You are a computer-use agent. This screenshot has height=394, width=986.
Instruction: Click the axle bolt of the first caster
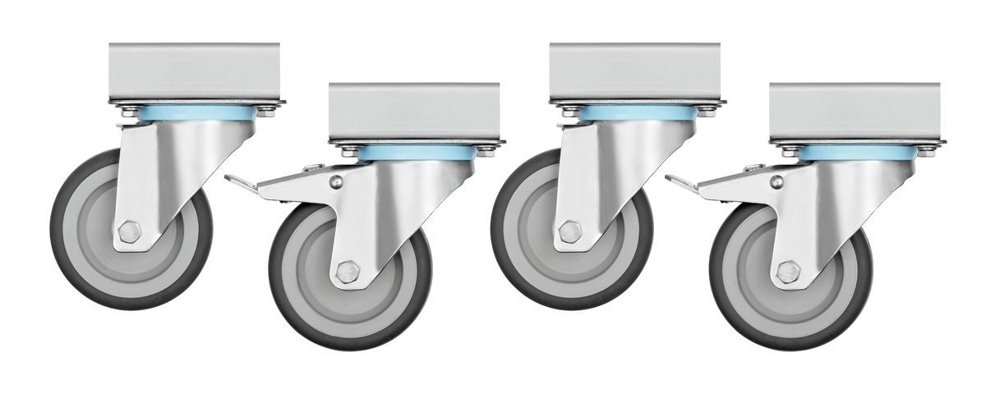[129, 231]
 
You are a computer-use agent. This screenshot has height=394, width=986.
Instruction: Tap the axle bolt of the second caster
[348, 272]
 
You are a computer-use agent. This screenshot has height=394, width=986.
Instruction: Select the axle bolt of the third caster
[569, 231]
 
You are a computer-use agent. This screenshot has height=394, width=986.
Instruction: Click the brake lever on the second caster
[240, 182]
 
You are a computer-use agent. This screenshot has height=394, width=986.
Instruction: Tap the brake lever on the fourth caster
[680, 182]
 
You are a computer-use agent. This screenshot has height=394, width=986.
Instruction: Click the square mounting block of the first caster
[195, 71]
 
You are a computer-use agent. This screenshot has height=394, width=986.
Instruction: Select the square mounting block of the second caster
[414, 112]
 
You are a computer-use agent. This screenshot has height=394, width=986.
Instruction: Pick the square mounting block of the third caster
[635, 71]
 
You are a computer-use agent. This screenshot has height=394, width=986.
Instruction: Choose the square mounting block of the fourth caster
[855, 112]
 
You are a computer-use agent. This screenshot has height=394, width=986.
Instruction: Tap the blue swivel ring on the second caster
[415, 153]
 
